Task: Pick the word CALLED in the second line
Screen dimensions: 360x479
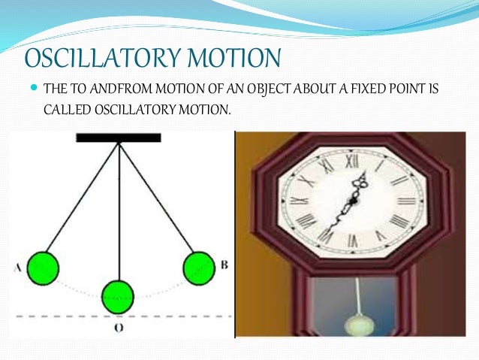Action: click(x=66, y=110)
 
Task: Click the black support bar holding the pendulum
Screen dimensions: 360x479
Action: click(x=118, y=138)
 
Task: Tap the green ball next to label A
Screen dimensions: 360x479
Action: click(x=43, y=266)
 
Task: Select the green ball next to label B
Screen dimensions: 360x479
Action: click(x=198, y=266)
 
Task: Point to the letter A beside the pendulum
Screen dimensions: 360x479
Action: click(x=17, y=265)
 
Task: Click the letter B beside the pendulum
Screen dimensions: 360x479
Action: click(x=224, y=265)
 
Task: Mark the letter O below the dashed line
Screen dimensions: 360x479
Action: click(x=119, y=328)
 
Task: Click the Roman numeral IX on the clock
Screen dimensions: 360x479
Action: click(x=299, y=201)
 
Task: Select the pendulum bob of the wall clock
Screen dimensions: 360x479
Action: click(x=354, y=325)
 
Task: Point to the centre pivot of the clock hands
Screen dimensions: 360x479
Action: click(x=351, y=201)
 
